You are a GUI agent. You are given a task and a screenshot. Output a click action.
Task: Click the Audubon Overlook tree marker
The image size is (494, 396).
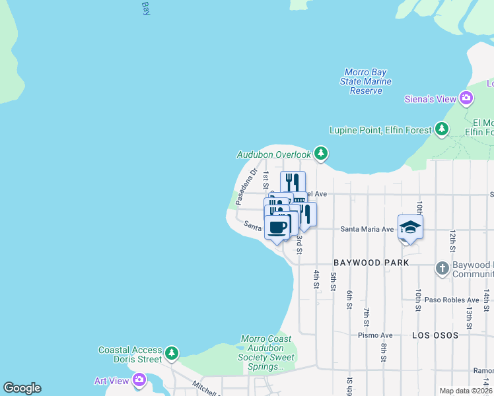pyautogui.click(x=321, y=154)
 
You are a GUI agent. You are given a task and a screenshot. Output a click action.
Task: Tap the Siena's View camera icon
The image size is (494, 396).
pyautogui.click(x=466, y=99)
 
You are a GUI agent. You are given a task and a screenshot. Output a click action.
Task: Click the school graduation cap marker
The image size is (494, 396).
pyautogui.click(x=410, y=228)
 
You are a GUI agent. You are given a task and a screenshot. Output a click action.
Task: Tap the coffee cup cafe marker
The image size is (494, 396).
pyautogui.click(x=278, y=227)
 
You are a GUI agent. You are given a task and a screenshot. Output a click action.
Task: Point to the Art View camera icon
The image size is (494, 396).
pyautogui.click(x=139, y=379)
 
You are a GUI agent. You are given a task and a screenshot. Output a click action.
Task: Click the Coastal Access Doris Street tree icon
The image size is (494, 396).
pyautogui.click(x=172, y=354)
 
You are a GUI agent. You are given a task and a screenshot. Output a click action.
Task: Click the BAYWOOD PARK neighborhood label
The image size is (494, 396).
pyautogui.click(x=366, y=263)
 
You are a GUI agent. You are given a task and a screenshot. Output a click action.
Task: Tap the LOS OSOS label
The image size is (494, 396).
pyautogui.click(x=435, y=335)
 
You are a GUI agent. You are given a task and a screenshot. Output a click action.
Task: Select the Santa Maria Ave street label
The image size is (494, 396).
pyautogui.click(x=367, y=229)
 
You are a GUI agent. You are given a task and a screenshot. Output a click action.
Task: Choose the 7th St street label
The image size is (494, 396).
pyautogui.click(x=366, y=316)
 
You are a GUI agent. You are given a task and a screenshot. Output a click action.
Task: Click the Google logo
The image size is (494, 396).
pyautogui.click(x=22, y=388)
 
